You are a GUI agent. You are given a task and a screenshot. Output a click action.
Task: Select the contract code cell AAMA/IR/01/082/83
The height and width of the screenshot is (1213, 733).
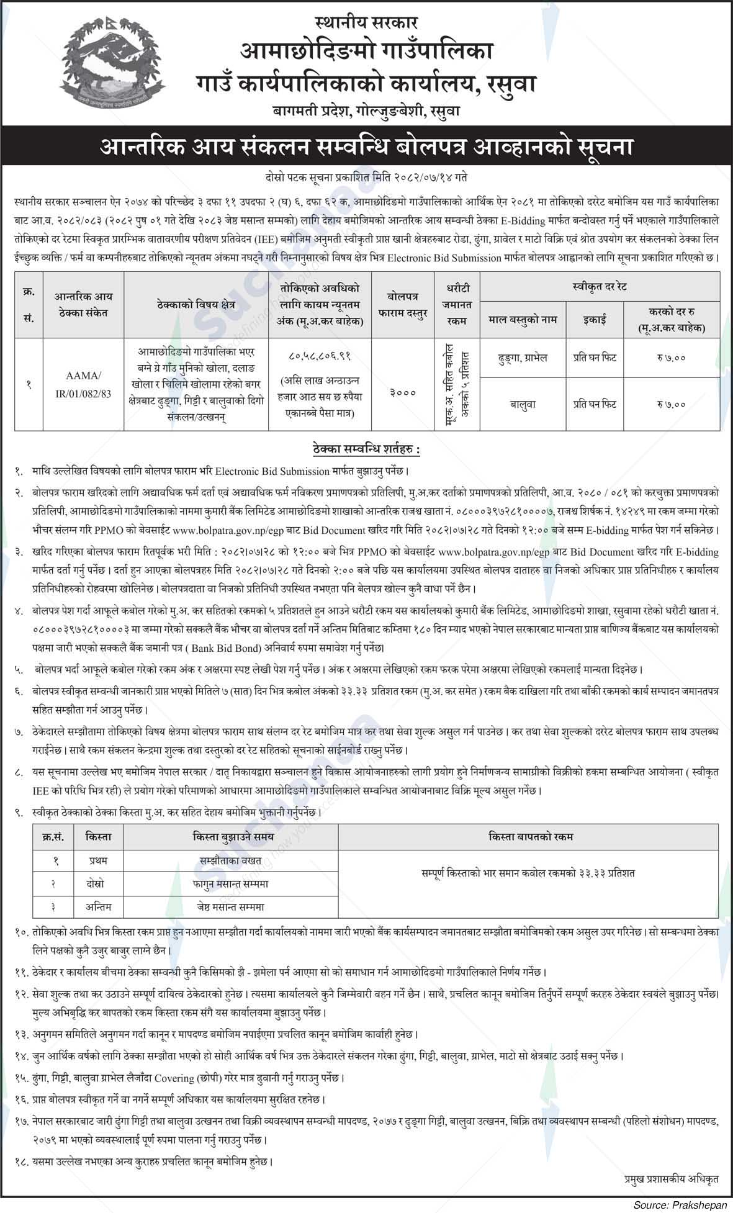coord(80,385)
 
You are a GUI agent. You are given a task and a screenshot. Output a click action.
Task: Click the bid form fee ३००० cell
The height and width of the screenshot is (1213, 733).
coord(400,392)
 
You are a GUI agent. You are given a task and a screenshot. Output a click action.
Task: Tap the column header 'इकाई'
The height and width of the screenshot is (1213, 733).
coord(594,320)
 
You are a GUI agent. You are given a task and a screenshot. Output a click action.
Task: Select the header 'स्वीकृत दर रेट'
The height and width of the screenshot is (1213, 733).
coord(600,287)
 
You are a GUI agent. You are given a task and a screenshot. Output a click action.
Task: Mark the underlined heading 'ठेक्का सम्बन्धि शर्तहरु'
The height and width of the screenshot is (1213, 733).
coord(366,448)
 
